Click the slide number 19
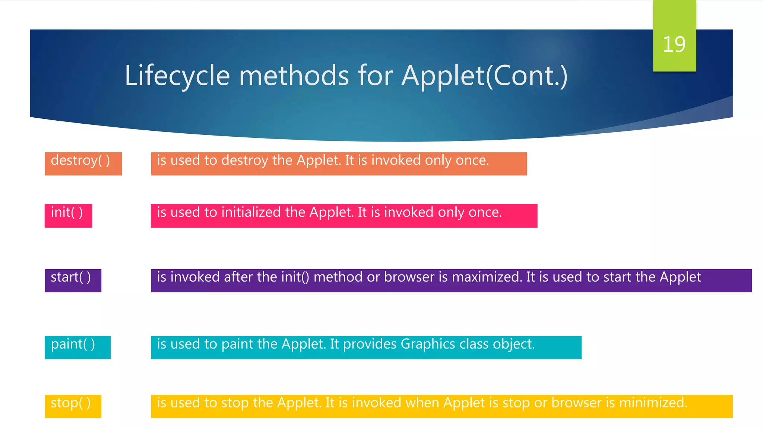coord(674,44)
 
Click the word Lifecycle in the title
coord(177,76)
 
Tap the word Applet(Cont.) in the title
coord(484,76)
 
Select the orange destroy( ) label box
coord(83,163)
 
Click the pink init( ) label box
coord(68,216)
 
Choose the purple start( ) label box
coord(73,280)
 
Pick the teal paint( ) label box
coord(77,347)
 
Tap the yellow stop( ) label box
coord(73,406)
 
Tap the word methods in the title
coord(294,76)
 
